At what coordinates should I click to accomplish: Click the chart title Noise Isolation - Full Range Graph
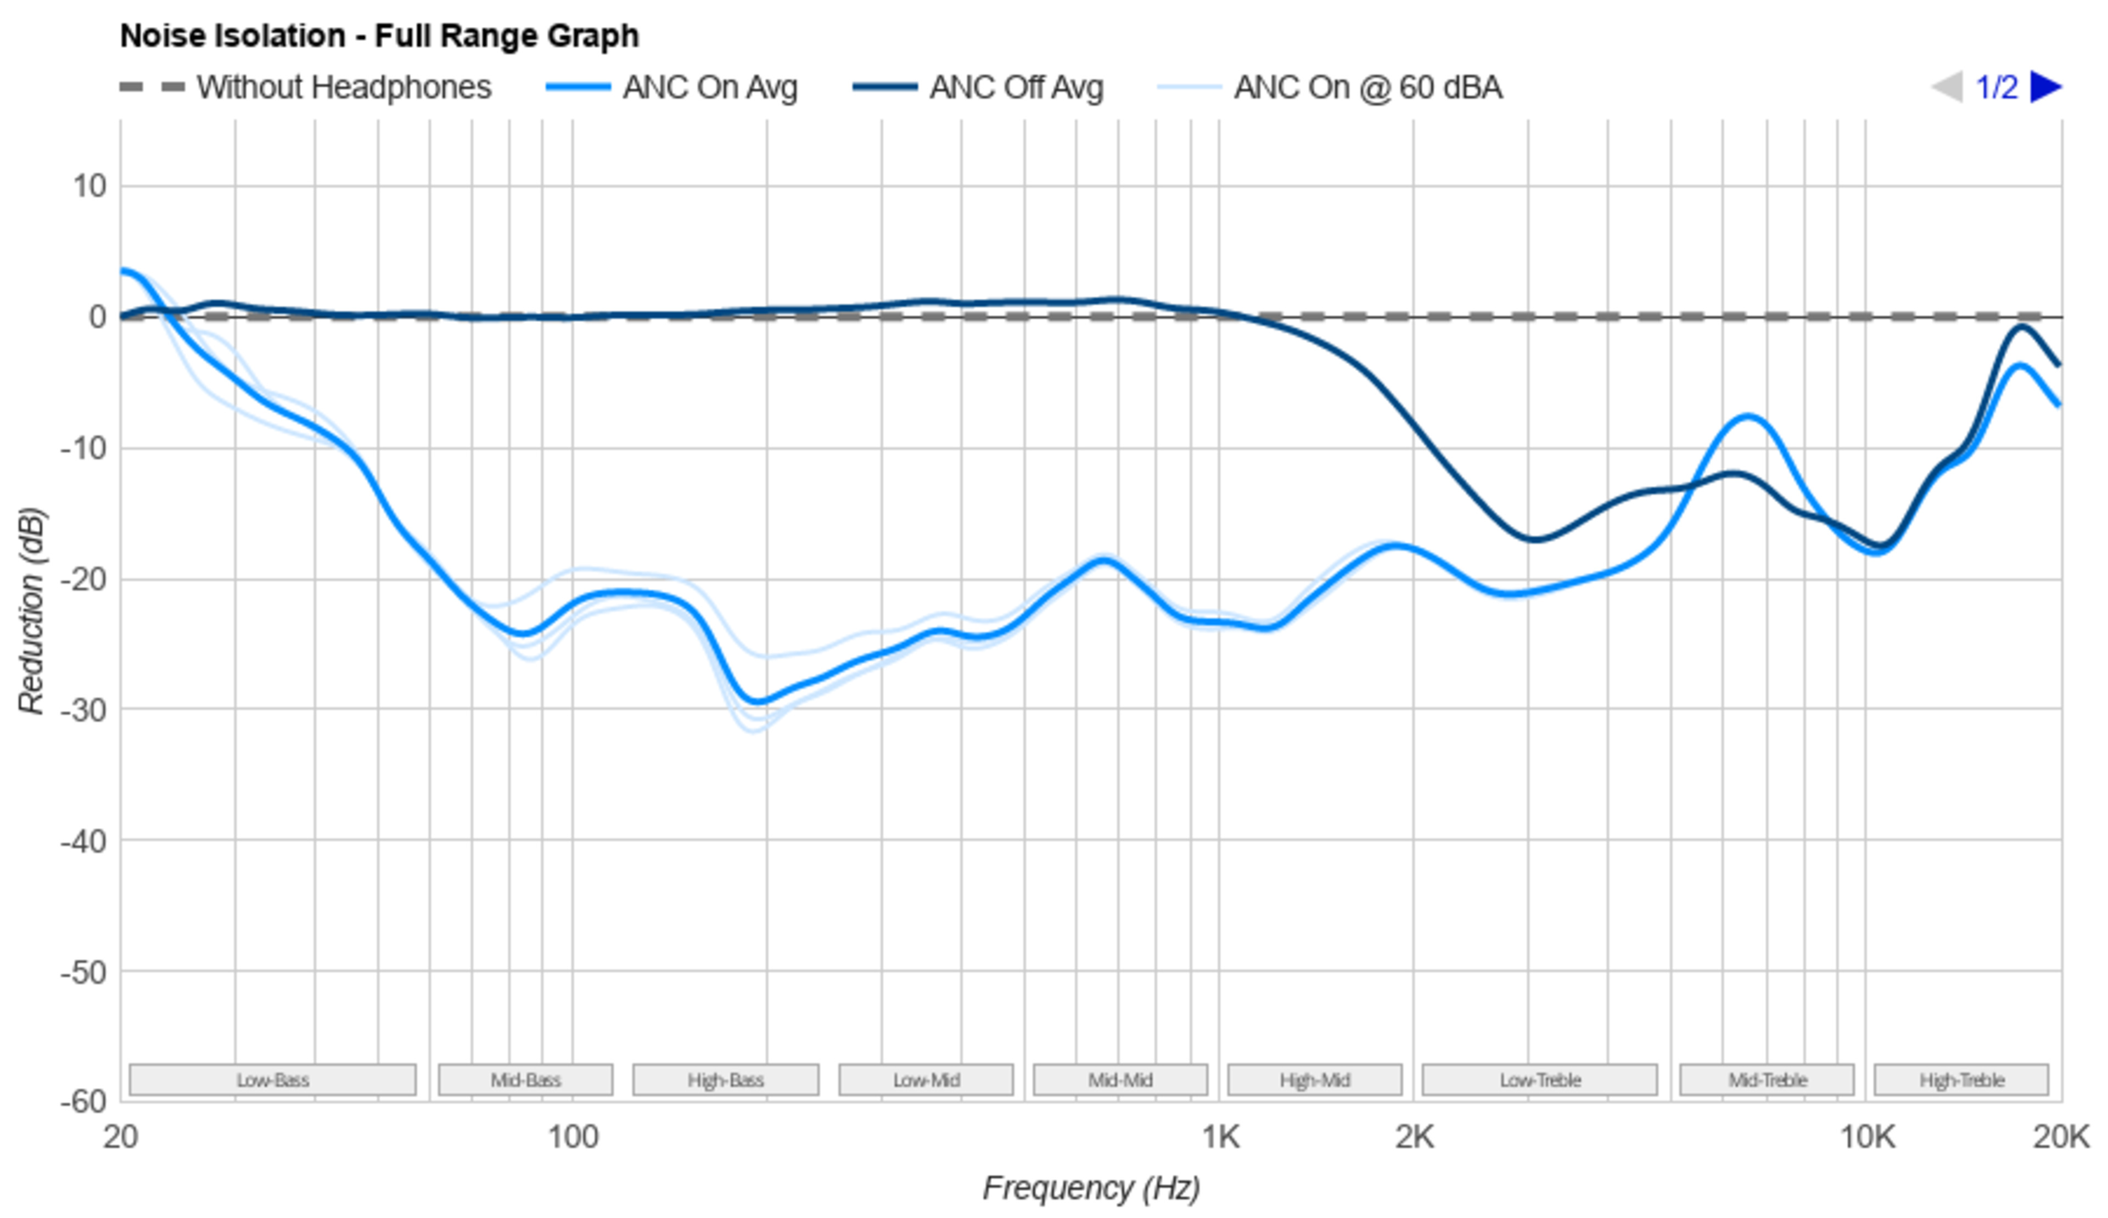[x=379, y=36]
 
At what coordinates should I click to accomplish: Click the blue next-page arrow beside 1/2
[x=2046, y=87]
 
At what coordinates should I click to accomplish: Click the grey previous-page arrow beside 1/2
[x=1947, y=87]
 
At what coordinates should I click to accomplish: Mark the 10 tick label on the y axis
[x=89, y=186]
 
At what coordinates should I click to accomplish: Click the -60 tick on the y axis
[x=83, y=1101]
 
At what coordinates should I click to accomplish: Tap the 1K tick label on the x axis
[x=1220, y=1138]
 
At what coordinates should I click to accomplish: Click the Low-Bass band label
[x=273, y=1080]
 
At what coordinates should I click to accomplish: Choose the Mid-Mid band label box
[x=1120, y=1080]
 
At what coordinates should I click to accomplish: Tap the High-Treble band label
[x=1961, y=1080]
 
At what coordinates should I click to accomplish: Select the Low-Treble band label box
[x=1540, y=1080]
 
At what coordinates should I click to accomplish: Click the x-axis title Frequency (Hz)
[x=1091, y=1188]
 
